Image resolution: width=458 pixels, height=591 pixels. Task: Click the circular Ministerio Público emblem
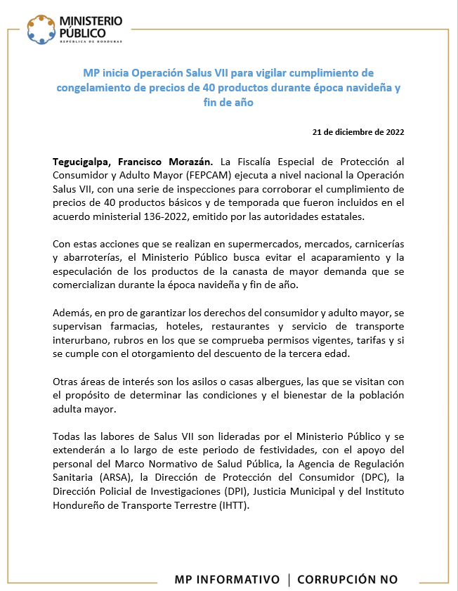click(41, 27)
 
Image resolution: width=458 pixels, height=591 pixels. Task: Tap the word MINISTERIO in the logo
click(91, 21)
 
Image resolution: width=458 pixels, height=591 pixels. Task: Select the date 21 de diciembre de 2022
click(358, 131)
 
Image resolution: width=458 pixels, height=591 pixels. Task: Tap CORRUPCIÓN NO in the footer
click(347, 580)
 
